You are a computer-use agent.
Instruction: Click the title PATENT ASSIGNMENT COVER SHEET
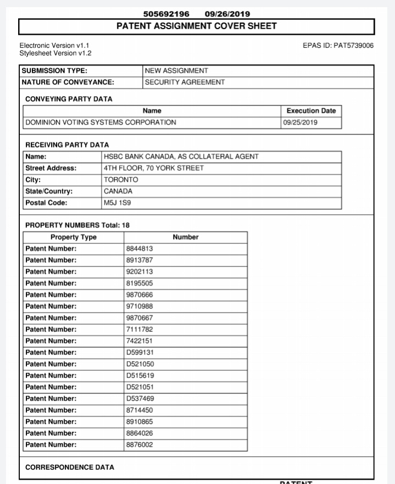197,26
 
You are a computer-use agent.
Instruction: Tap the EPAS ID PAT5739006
338,45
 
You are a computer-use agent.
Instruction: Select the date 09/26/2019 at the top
227,14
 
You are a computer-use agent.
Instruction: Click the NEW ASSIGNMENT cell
176,71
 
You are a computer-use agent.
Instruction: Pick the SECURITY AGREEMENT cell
185,82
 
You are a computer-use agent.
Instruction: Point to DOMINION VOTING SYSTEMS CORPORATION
101,123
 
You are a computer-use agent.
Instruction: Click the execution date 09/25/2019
300,123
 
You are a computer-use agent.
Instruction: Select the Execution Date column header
311,111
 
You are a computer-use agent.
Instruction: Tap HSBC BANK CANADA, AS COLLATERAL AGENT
181,157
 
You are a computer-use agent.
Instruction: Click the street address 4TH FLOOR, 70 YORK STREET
153,168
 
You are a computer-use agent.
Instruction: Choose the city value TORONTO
121,180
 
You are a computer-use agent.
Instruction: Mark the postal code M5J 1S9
118,203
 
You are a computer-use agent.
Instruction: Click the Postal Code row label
47,203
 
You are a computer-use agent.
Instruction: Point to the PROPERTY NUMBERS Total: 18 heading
77,225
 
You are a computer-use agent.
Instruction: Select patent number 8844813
140,249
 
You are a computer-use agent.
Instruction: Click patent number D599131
140,353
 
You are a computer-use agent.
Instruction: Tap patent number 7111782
140,330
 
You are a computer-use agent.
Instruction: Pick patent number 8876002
140,445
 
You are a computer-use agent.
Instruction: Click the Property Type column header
74,237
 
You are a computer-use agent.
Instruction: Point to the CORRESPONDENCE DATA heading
70,468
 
